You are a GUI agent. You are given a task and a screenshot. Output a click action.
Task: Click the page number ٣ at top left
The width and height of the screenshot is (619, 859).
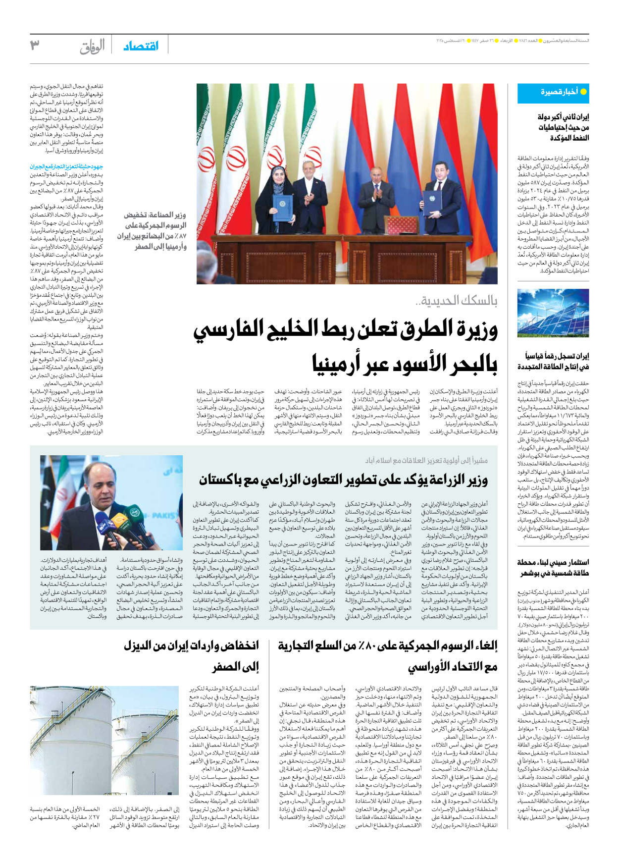coord(35,46)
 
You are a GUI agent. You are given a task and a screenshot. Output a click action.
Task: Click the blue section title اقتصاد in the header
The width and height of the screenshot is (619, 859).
coord(141,46)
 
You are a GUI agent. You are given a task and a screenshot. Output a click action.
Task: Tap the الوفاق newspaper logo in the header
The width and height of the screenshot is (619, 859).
coord(92,47)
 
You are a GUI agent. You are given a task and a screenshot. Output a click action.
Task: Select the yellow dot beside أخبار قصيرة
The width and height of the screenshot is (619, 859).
coord(583,92)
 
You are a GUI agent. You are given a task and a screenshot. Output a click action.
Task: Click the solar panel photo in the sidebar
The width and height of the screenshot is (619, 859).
coord(553,313)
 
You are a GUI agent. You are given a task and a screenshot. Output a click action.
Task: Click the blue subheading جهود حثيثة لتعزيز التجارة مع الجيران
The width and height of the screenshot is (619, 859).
coord(66,167)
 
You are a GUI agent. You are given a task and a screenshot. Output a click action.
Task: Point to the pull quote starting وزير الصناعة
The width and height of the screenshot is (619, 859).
coord(152,230)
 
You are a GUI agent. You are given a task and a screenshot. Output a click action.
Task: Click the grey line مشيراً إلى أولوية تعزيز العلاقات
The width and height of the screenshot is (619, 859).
coord(426,461)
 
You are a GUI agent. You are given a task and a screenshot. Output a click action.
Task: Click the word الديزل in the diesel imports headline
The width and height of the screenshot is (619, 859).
coord(141,645)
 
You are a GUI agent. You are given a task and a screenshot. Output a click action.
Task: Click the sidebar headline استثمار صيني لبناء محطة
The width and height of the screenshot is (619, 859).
coord(553,568)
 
